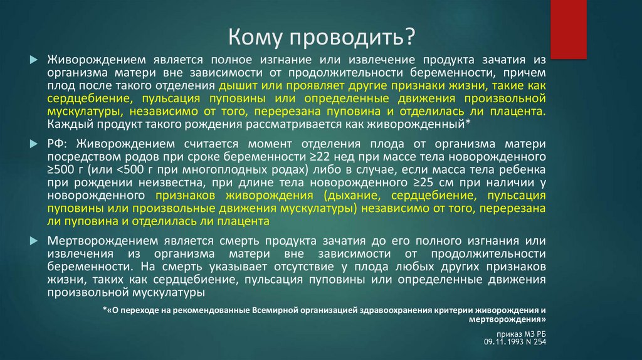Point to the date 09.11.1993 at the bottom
coord(503,343)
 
